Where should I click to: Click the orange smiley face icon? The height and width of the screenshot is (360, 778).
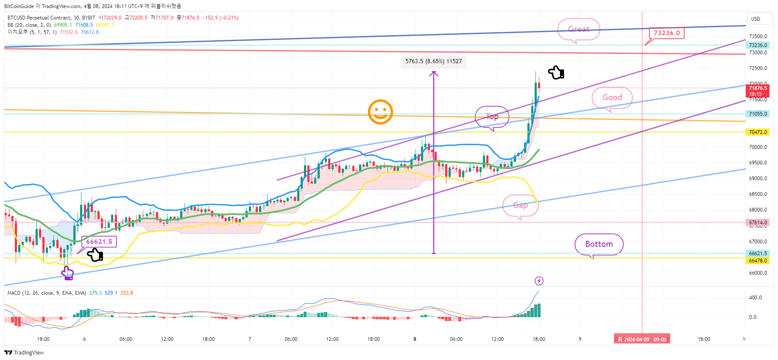[380, 112]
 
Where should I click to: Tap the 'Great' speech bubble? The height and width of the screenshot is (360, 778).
[579, 29]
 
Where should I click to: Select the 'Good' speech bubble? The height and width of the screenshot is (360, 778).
[612, 98]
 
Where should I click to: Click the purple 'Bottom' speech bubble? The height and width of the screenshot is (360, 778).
[599, 244]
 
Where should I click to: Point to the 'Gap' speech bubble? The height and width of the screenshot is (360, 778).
[520, 205]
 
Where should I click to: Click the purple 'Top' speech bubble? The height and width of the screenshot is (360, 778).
[492, 117]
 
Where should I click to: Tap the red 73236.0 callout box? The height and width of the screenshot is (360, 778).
[666, 33]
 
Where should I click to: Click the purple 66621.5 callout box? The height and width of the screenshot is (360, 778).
[99, 242]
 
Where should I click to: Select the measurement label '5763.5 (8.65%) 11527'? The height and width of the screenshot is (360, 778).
[433, 61]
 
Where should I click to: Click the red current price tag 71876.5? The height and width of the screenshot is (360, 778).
[758, 91]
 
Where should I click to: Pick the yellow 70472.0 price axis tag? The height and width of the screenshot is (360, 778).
[758, 132]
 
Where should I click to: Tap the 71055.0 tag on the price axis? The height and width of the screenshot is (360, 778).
[758, 114]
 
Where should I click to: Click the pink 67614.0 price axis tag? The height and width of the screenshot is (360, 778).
[758, 223]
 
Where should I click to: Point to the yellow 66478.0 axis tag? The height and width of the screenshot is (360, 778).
[758, 261]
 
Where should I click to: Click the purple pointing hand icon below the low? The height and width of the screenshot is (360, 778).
[67, 273]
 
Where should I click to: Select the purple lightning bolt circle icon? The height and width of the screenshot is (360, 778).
[539, 281]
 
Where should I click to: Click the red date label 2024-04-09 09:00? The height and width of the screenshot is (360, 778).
[642, 339]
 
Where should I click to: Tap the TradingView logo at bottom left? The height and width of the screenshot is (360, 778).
[24, 353]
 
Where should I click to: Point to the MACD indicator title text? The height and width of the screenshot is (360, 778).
[47, 293]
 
